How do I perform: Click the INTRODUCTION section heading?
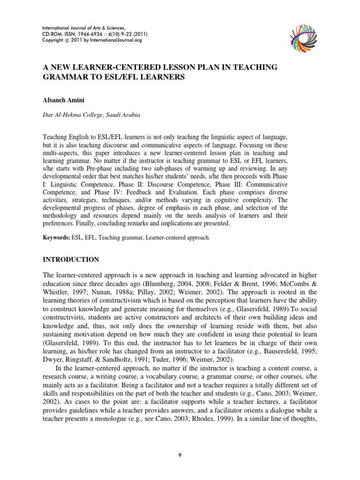click(71, 259)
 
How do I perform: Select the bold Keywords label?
click(56, 238)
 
